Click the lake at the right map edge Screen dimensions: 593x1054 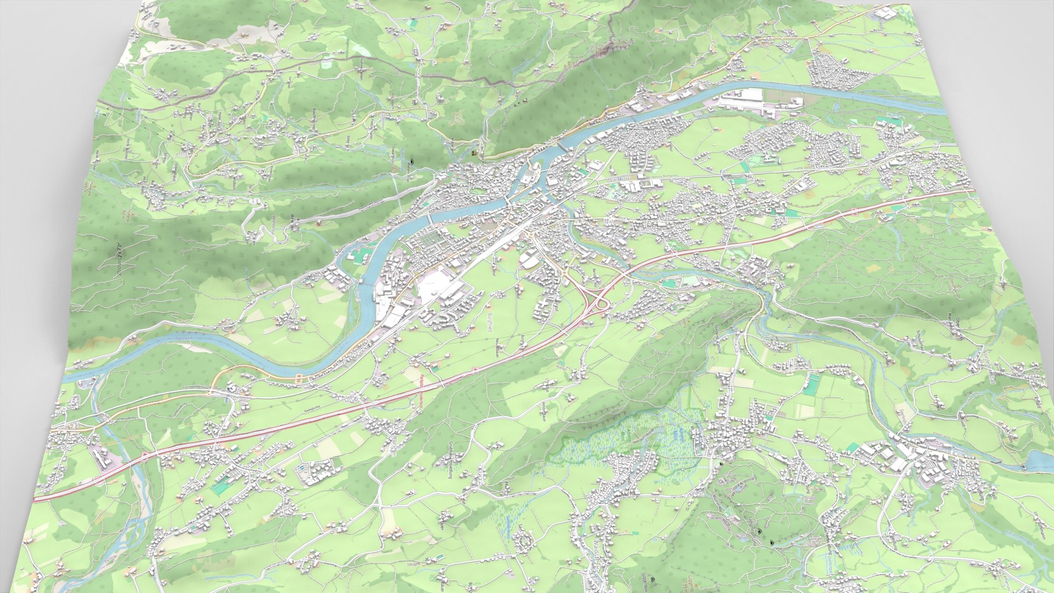[x=1041, y=461]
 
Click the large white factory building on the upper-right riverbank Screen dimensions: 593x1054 [x=741, y=98]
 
